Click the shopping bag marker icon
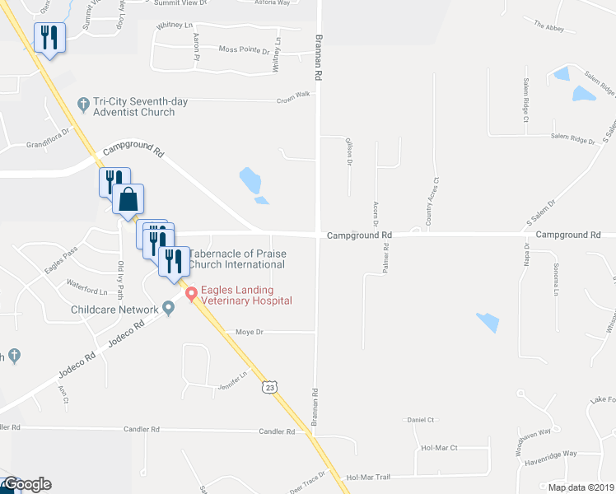coord(128,199)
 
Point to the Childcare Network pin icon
coord(169,309)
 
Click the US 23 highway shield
coord(269,387)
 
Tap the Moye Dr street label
coord(248,333)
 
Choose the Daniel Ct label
coord(420,419)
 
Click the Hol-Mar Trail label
coord(366,477)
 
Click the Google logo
coord(26,484)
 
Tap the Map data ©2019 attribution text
coord(581,487)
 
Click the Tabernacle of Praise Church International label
coord(238,259)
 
